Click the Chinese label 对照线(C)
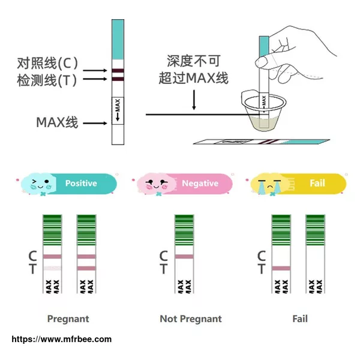47,63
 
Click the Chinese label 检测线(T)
47,80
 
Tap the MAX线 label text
57,122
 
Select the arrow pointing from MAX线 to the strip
95,123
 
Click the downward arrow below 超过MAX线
194,100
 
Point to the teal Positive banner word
81,183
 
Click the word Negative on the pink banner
200,183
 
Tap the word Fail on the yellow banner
317,183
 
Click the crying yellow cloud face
269,185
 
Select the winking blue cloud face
39,184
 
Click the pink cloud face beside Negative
156,185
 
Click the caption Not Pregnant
191,319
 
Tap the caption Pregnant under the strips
68,319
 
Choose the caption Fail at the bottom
300,319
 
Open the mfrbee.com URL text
62,339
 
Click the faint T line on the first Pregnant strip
52,268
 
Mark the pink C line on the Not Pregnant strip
184,256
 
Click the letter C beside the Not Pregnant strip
163,256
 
